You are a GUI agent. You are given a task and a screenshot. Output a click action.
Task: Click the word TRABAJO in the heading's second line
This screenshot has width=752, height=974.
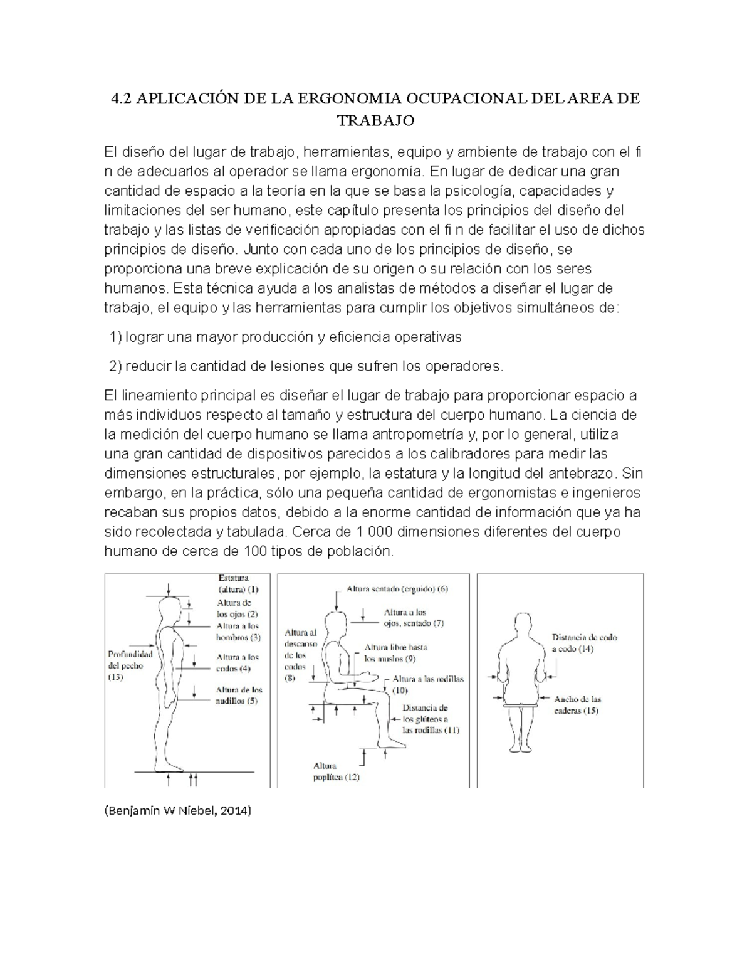376,120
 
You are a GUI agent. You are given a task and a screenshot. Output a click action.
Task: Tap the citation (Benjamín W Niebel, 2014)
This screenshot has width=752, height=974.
177,812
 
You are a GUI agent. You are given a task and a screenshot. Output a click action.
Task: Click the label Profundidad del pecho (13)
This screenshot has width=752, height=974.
130,665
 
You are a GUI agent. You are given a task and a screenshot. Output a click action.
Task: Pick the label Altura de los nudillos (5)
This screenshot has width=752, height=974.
239,695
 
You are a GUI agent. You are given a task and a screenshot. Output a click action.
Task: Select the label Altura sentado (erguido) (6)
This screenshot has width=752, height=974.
397,589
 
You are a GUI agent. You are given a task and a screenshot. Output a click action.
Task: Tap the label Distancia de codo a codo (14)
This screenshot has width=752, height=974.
584,643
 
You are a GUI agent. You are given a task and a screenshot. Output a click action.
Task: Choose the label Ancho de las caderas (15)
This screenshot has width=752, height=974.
577,705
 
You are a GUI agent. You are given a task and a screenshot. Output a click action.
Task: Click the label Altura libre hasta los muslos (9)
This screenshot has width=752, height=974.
395,652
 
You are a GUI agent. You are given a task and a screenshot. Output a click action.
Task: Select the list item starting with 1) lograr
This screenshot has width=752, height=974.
285,337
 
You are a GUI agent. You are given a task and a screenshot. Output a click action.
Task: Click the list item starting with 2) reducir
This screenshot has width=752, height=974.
306,366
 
